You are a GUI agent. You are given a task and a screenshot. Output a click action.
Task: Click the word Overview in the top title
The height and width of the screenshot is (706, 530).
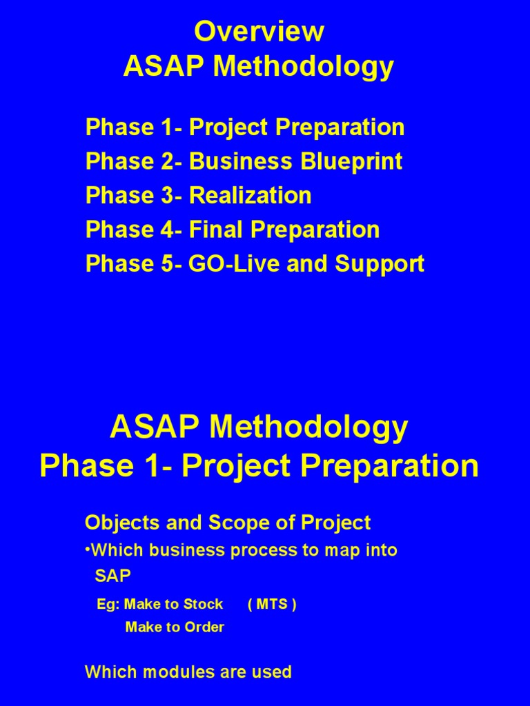tap(259, 32)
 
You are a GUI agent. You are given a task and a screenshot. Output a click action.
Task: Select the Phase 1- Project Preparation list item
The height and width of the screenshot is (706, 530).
tap(245, 128)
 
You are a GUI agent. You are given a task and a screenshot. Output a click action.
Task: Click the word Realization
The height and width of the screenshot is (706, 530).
tap(250, 196)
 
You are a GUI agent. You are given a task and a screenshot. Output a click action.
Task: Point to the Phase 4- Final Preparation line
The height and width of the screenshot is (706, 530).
tap(233, 230)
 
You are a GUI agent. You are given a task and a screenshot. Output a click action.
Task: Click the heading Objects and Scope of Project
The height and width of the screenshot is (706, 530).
tap(228, 523)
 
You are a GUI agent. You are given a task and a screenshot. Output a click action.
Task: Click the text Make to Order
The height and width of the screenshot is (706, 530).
tap(175, 627)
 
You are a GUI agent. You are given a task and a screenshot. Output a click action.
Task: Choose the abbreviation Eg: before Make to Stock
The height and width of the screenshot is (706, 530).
tap(108, 605)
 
